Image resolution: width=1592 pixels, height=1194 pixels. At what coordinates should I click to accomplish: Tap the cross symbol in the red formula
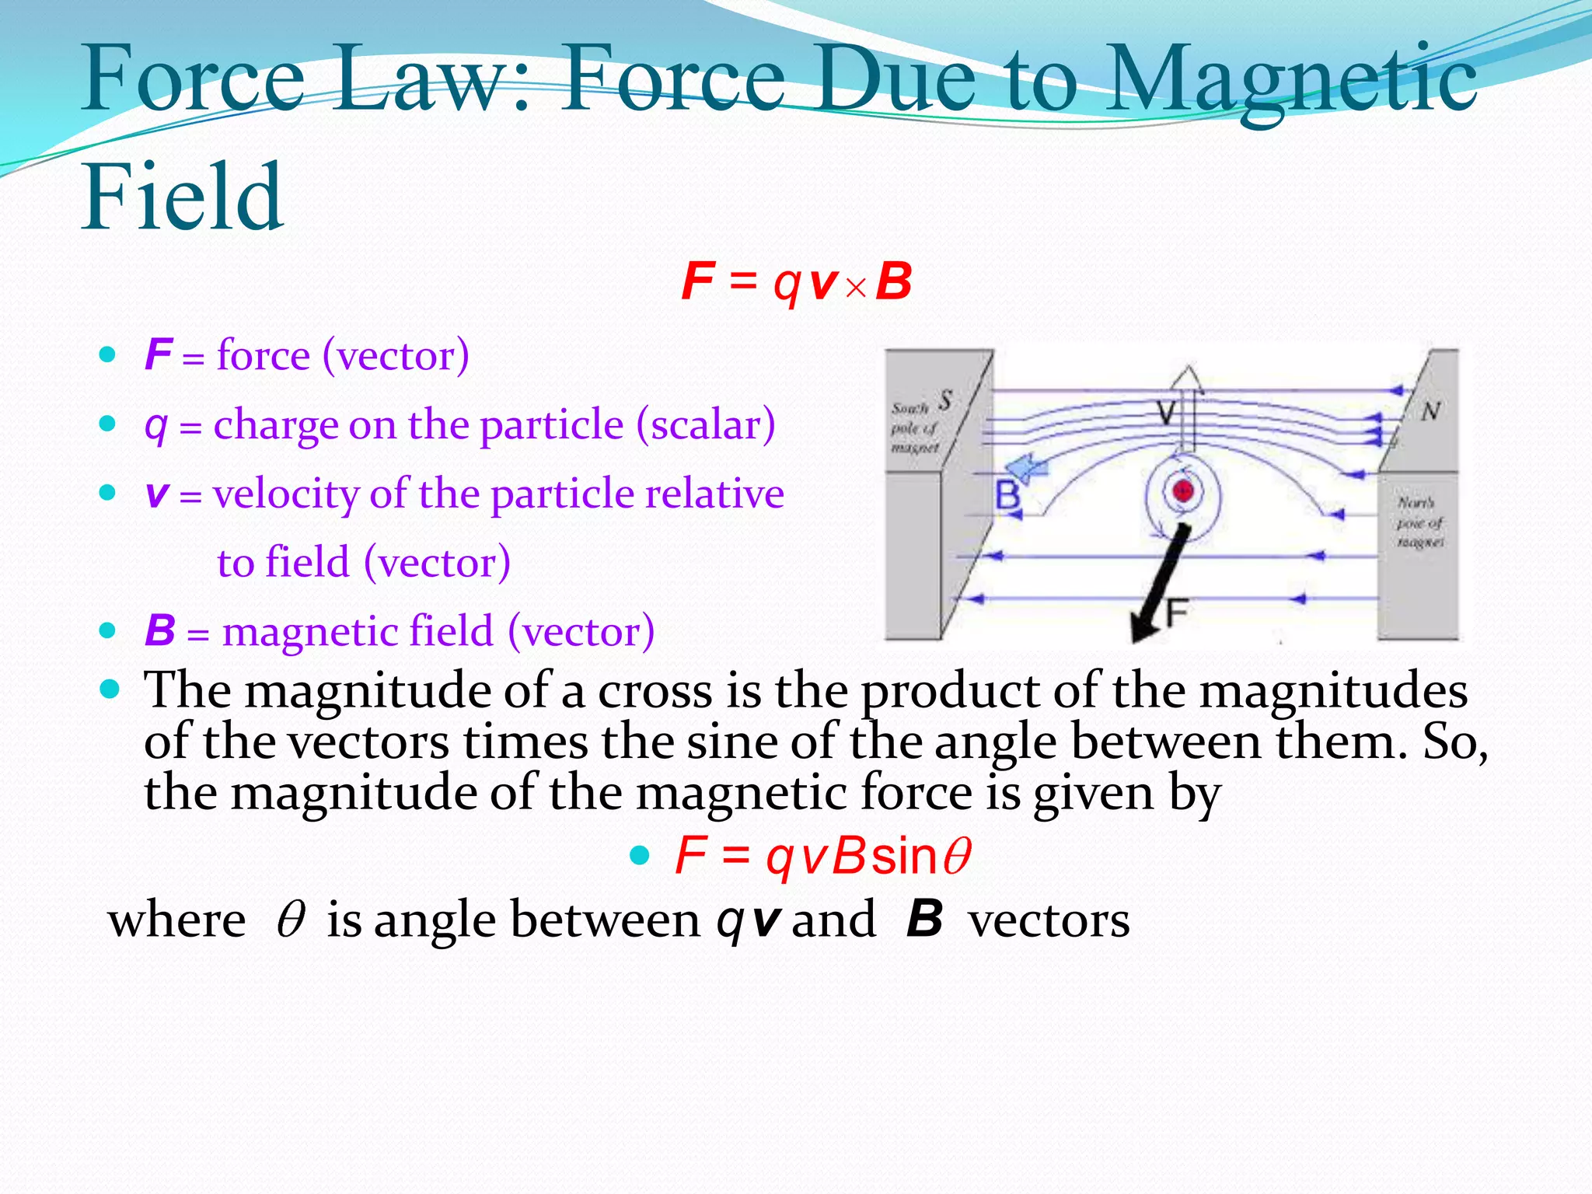tap(856, 288)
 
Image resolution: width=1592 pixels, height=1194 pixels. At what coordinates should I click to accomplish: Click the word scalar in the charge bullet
tap(705, 424)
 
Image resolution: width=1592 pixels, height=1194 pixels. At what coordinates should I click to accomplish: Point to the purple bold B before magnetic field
tap(160, 630)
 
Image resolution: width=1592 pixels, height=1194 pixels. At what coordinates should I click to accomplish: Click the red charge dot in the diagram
tap(1183, 491)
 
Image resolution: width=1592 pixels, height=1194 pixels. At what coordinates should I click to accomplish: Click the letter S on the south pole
tap(944, 400)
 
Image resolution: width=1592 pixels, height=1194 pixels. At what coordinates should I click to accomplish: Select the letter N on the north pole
tap(1430, 411)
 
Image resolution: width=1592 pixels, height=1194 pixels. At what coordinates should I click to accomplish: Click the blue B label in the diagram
tap(1007, 495)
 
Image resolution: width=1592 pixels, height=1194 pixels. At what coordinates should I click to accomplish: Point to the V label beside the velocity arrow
tap(1165, 412)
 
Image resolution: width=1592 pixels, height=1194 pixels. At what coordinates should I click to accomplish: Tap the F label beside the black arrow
tap(1177, 613)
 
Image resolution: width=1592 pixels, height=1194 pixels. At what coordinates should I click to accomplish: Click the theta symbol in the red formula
tap(957, 857)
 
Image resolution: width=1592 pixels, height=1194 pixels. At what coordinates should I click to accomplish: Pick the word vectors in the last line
tap(1049, 920)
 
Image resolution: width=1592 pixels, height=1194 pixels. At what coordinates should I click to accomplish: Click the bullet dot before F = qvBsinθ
tap(639, 856)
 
